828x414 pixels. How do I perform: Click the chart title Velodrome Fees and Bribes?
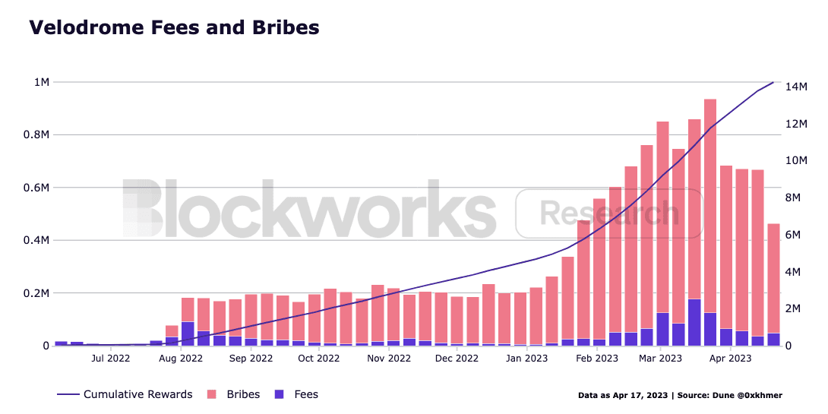point(173,27)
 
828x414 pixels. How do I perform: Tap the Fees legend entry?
point(305,394)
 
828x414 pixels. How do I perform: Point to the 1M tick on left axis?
point(40,82)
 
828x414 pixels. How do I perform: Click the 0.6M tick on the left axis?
point(36,188)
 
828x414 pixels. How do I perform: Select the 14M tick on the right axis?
point(801,87)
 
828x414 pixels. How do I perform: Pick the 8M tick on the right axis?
point(798,198)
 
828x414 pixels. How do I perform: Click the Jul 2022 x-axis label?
point(109,358)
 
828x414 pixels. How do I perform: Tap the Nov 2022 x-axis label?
point(388,358)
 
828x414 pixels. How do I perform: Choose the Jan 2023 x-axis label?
point(526,358)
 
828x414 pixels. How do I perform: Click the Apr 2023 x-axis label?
point(730,358)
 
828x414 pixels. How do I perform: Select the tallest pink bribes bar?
point(710,205)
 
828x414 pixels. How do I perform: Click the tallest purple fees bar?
point(694,323)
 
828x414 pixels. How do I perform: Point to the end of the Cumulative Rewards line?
point(773,82)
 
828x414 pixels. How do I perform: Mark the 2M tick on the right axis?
point(798,308)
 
